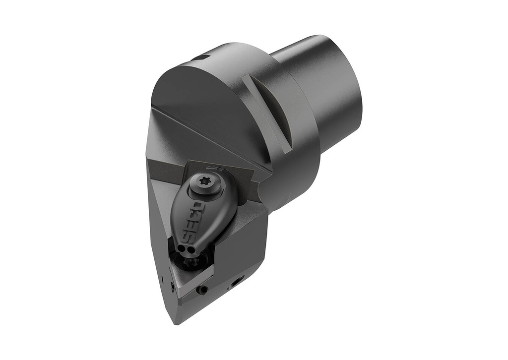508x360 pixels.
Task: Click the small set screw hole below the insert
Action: click(202, 290)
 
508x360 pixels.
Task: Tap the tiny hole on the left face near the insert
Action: click(172, 286)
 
